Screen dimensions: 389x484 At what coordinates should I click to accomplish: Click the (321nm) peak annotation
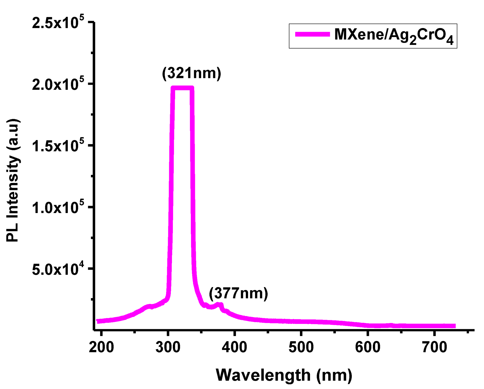click(x=192, y=73)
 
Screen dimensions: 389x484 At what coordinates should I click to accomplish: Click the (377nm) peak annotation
click(x=238, y=293)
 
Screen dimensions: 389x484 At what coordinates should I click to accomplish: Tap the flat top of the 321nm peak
click(x=182, y=88)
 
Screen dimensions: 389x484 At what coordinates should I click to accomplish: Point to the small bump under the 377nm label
click(x=219, y=305)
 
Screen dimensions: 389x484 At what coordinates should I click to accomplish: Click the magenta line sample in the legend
click(x=312, y=35)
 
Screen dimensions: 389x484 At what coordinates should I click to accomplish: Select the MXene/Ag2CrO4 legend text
click(x=394, y=36)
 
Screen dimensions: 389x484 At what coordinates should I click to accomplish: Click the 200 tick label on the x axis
click(x=101, y=347)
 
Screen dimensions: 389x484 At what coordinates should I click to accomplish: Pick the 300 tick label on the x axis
click(x=168, y=347)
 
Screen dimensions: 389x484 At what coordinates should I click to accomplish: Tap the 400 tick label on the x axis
click(x=234, y=347)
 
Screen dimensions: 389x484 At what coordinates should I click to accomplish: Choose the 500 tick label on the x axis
click(x=301, y=347)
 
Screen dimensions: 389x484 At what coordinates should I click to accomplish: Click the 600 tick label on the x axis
click(x=368, y=347)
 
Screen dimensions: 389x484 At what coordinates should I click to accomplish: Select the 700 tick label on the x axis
click(x=434, y=347)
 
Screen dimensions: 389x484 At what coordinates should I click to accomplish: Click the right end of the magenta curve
click(x=454, y=326)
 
